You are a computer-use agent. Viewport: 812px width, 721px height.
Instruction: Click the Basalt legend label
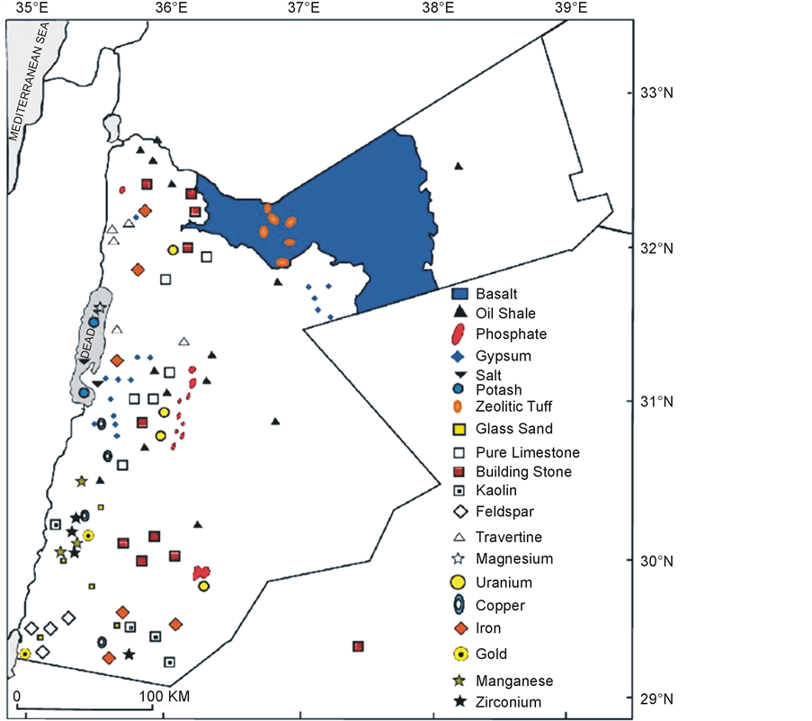pyautogui.click(x=496, y=294)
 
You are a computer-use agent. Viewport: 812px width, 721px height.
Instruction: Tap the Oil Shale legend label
pyautogui.click(x=505, y=314)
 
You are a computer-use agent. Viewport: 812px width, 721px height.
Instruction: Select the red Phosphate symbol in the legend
pyautogui.click(x=460, y=334)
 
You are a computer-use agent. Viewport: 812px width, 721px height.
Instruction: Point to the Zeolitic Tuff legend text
pyautogui.click(x=514, y=407)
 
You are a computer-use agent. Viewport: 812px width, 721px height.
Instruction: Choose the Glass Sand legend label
pyautogui.click(x=514, y=429)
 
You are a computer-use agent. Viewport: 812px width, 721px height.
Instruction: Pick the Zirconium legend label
pyautogui.click(x=509, y=702)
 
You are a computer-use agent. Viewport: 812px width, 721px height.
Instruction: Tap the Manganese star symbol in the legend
pyautogui.click(x=460, y=681)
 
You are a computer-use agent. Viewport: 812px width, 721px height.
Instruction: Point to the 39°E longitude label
pyautogui.click(x=570, y=9)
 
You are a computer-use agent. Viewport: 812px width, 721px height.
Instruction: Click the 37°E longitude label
pyautogui.click(x=305, y=9)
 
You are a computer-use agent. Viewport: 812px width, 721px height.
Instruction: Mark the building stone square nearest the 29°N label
pyautogui.click(x=358, y=646)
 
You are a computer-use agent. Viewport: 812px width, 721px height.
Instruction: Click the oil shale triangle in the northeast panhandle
pyautogui.click(x=458, y=165)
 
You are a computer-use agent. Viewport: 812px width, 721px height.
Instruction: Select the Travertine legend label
pyautogui.click(x=509, y=537)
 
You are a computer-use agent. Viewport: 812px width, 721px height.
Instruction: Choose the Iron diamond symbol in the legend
pyautogui.click(x=460, y=628)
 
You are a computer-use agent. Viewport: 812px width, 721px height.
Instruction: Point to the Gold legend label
pyautogui.click(x=492, y=654)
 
